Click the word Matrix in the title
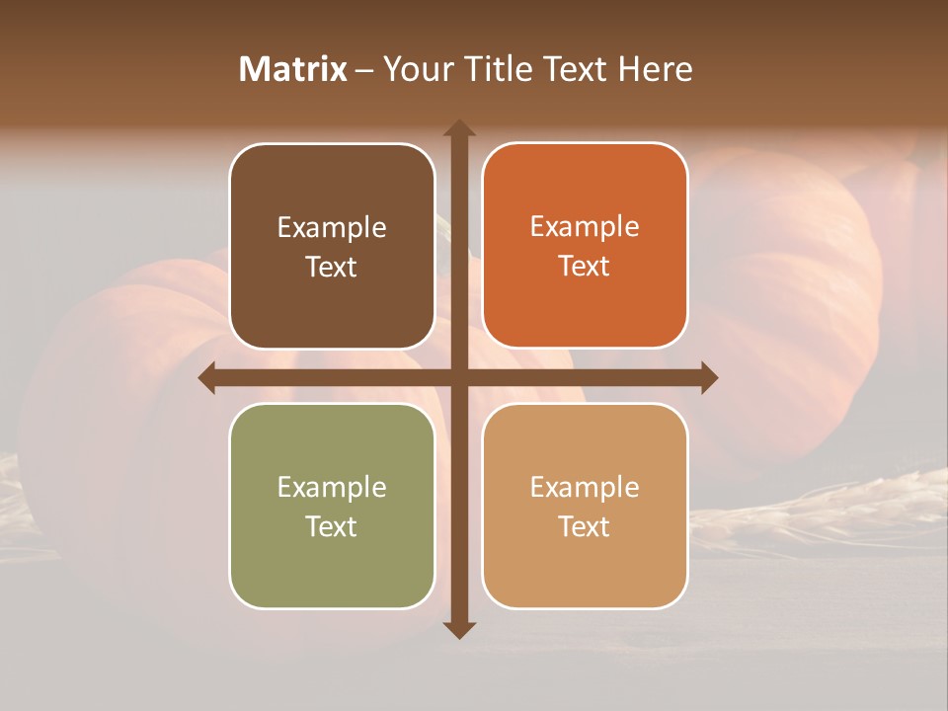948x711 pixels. click(x=293, y=69)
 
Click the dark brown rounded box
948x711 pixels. click(x=332, y=247)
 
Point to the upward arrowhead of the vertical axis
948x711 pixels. click(x=459, y=127)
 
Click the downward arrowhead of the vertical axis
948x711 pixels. click(x=459, y=629)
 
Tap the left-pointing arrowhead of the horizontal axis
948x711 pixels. click(x=207, y=377)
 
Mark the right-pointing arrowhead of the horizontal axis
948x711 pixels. click(x=709, y=377)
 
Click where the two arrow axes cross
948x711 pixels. click(x=459, y=377)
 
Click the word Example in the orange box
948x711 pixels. click(x=585, y=227)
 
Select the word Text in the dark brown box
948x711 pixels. click(x=332, y=267)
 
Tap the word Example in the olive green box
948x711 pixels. click(x=332, y=488)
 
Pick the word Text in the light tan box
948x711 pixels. click(x=585, y=526)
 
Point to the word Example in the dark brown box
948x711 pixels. click(x=332, y=228)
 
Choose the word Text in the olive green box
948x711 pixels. click(x=332, y=526)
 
